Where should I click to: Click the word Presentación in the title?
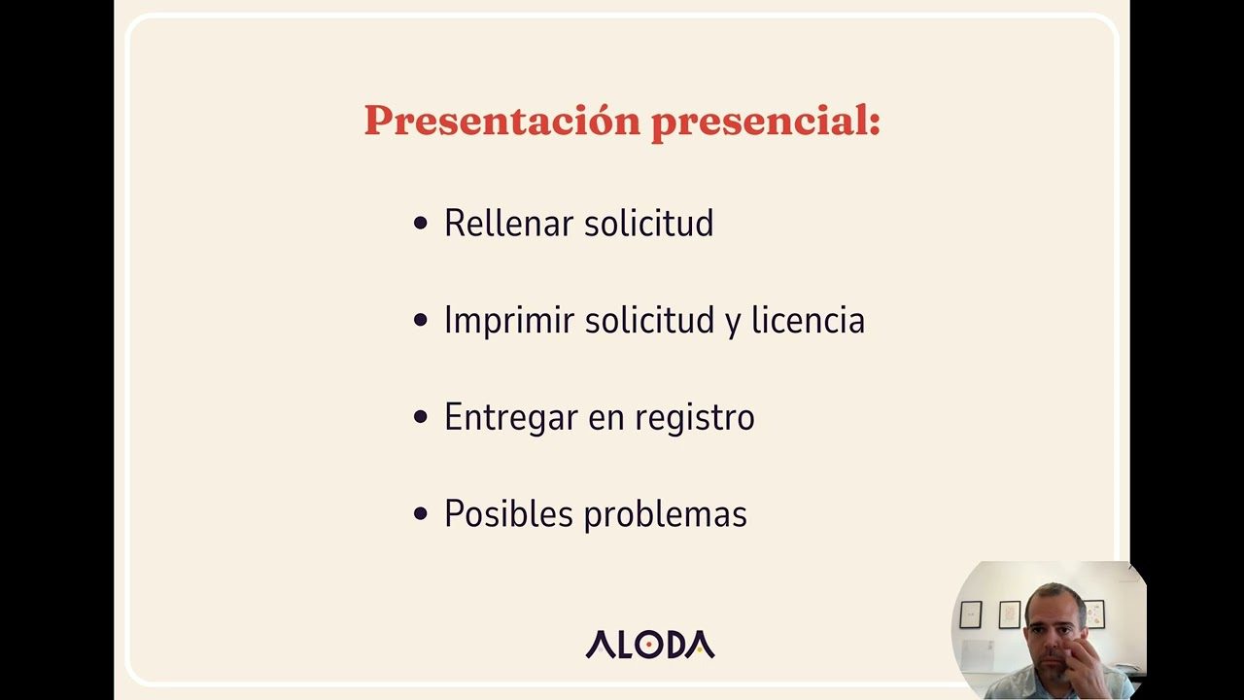click(502, 121)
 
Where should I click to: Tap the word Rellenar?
click(508, 224)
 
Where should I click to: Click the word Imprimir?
click(508, 321)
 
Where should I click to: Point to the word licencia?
click(808, 320)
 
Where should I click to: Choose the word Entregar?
click(511, 418)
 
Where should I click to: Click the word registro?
click(695, 418)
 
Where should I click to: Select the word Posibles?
click(508, 513)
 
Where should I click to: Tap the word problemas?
click(666, 514)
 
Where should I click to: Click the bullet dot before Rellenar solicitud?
click(421, 224)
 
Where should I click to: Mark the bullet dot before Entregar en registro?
click(421, 417)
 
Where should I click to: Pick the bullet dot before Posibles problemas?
click(421, 513)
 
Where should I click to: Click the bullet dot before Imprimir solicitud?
click(421, 320)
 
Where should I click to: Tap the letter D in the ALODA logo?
click(681, 645)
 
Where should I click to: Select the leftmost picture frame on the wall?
click(971, 615)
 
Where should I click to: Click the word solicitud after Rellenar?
click(649, 224)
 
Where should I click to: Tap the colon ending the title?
click(875, 123)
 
